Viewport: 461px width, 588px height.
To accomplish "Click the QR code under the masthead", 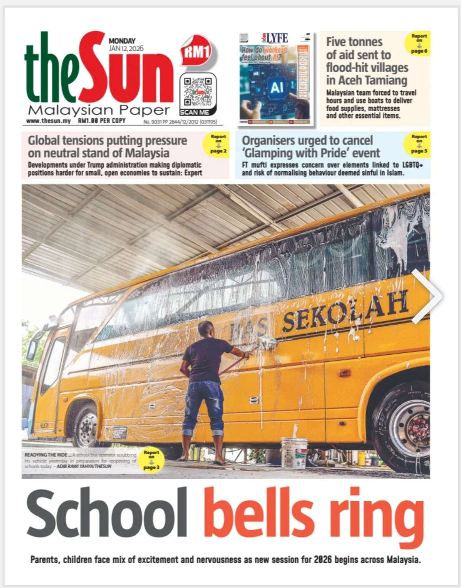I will pyautogui.click(x=198, y=91).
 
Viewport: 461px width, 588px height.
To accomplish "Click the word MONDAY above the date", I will pyautogui.click(x=122, y=41).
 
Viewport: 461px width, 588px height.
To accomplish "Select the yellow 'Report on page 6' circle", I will pyautogui.click(x=417, y=43).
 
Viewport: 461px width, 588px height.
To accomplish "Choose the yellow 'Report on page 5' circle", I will pyautogui.click(x=417, y=144).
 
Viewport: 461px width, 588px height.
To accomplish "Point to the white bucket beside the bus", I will pyautogui.click(x=294, y=453).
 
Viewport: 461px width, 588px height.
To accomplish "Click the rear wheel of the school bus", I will pyautogui.click(x=406, y=428).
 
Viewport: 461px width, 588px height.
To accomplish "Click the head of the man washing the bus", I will pyautogui.click(x=205, y=329).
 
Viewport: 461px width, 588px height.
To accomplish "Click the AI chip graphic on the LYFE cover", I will pyautogui.click(x=276, y=87).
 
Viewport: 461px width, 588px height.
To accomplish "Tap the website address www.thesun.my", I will pyautogui.click(x=48, y=121).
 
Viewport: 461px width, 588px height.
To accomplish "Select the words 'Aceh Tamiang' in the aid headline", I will pyautogui.click(x=367, y=80).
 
